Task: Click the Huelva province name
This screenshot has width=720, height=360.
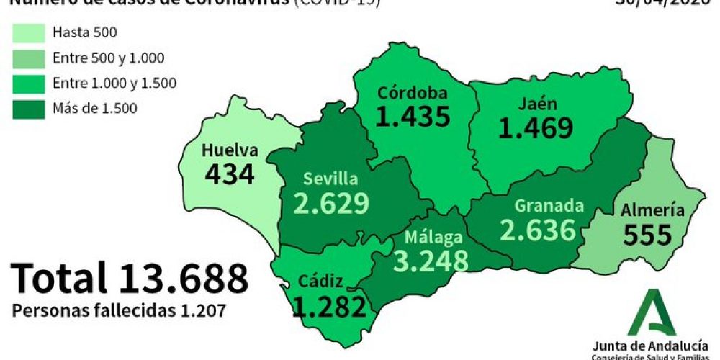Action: [x=230, y=151]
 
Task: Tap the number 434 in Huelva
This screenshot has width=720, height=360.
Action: [x=230, y=174]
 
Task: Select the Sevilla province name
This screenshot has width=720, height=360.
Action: [x=330, y=179]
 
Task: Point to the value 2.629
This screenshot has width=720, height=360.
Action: [x=331, y=203]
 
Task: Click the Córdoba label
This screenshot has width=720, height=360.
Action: [x=413, y=93]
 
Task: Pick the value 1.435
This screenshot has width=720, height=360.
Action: [x=413, y=116]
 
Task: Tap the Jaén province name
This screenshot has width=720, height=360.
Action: [x=536, y=104]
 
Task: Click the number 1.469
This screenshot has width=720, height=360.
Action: [x=536, y=127]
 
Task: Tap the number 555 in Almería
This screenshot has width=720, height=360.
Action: [x=647, y=234]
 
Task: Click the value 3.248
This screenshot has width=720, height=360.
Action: [x=431, y=261]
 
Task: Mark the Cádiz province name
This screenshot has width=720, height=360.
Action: [x=322, y=282]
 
